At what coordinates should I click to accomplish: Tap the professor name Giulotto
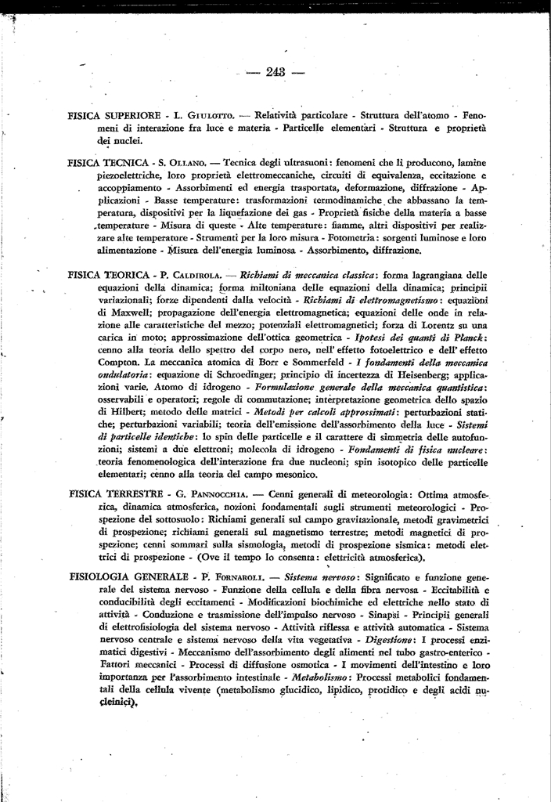pos(212,115)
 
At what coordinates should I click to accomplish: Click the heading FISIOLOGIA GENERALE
pos(124,576)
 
